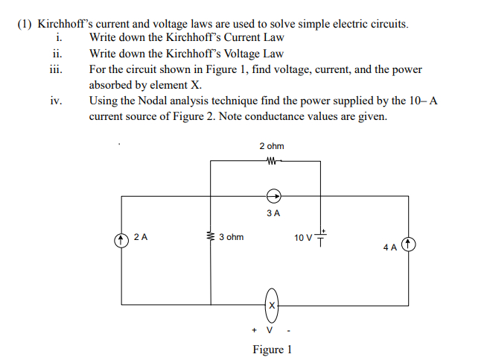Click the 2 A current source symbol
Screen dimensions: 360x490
point(121,240)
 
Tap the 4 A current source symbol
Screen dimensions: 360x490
point(408,245)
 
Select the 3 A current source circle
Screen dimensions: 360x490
point(273,197)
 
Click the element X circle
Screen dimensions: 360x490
point(273,305)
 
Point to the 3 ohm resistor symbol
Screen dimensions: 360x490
point(211,238)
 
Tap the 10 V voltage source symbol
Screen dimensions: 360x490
point(322,237)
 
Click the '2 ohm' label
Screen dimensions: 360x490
point(272,146)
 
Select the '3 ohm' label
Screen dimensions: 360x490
point(232,238)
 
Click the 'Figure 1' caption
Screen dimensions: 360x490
point(272,350)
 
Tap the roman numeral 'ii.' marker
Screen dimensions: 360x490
point(57,54)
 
